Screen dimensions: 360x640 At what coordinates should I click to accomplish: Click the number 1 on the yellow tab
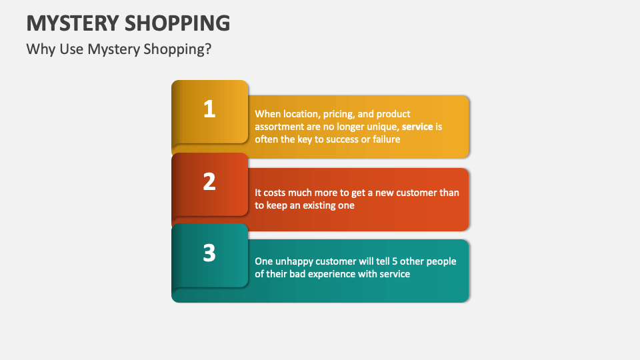[209, 109]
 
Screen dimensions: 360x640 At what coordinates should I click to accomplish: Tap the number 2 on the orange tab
[209, 181]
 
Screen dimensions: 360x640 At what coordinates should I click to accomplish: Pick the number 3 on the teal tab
[209, 253]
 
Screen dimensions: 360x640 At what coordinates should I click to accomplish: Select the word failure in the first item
[384, 139]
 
